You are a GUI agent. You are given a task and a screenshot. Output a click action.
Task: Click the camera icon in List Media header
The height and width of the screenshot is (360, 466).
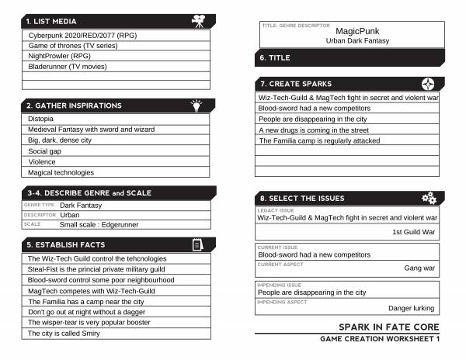(x=200, y=21)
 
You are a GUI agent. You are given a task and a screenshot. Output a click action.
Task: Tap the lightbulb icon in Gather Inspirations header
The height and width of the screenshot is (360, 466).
(x=196, y=105)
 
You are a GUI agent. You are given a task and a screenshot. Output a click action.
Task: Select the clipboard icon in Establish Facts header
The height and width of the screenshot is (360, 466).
(x=197, y=244)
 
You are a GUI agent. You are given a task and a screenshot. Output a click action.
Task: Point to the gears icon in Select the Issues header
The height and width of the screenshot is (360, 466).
(x=429, y=198)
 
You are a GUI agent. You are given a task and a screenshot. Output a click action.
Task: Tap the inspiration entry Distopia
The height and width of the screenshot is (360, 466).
(x=40, y=119)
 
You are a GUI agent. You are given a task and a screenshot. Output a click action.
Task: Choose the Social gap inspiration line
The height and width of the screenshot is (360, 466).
(x=44, y=151)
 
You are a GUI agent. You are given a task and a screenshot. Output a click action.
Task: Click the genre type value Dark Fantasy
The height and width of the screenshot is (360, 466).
(x=81, y=205)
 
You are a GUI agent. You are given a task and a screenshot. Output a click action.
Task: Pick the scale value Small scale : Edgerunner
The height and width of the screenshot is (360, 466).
(x=103, y=224)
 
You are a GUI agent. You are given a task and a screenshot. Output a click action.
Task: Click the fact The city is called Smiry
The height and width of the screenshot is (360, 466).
(x=64, y=334)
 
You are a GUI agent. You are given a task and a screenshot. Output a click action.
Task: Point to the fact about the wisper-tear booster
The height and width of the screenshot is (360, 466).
(x=89, y=323)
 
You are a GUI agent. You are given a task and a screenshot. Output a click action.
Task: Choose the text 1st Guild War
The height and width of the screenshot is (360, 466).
(x=414, y=232)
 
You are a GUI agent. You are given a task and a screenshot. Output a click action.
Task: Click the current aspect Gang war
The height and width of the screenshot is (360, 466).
(x=419, y=268)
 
